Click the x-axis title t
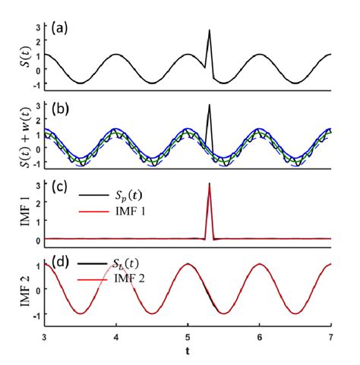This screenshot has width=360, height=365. pos(188,352)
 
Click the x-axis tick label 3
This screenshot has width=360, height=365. pos(44,337)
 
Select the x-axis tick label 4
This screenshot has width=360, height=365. pos(115,337)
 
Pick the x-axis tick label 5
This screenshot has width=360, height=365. pos(188,337)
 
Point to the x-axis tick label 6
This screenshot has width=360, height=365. pos(260,337)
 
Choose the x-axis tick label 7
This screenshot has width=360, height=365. pos(331,337)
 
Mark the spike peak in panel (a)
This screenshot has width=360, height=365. pos(209,30)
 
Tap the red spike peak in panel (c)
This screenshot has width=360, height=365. pos(209,184)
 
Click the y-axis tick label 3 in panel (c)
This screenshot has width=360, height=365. pos(36,184)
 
